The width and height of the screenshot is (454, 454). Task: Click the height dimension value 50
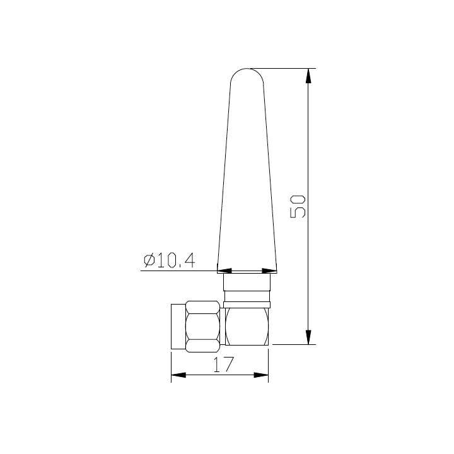(x=298, y=206)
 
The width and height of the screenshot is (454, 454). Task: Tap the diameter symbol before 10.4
(x=149, y=260)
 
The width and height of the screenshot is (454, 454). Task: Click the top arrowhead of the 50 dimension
(x=308, y=76)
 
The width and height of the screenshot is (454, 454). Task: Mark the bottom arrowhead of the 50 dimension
(x=308, y=337)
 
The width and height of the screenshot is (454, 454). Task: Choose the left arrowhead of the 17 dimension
(x=179, y=375)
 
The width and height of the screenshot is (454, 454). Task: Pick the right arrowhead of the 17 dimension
(x=261, y=375)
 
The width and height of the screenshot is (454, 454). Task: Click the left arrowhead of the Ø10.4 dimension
(x=224, y=271)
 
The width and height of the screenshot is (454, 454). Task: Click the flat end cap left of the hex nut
(x=177, y=326)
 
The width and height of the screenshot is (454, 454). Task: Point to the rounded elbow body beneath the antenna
(x=247, y=326)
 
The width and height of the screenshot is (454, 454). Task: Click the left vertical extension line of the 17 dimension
(x=172, y=366)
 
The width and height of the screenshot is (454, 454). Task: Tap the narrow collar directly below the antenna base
(x=247, y=295)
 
